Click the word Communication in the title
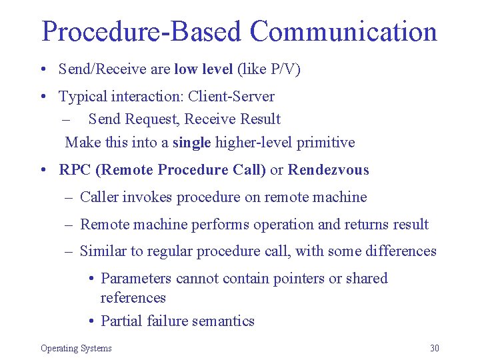343,31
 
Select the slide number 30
435,348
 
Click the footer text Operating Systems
76,348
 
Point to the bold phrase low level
203,69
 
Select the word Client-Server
231,96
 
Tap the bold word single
191,142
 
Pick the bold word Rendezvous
328,169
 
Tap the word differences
400,251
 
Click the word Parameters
136,278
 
